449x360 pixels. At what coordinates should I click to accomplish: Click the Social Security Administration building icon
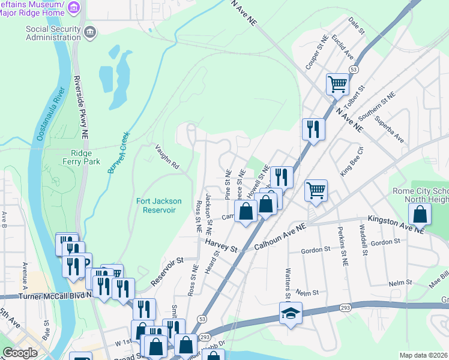coord(89,31)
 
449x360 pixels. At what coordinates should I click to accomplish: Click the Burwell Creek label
coord(118,154)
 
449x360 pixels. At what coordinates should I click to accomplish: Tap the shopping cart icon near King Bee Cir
coord(316,190)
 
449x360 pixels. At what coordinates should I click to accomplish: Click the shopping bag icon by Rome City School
coord(420,214)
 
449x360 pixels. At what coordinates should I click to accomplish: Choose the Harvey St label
coord(221,245)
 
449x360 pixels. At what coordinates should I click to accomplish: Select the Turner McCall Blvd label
coord(47,295)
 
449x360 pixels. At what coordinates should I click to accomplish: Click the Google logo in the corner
coord(20,353)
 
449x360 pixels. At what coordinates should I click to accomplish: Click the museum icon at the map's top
coord(74,7)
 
